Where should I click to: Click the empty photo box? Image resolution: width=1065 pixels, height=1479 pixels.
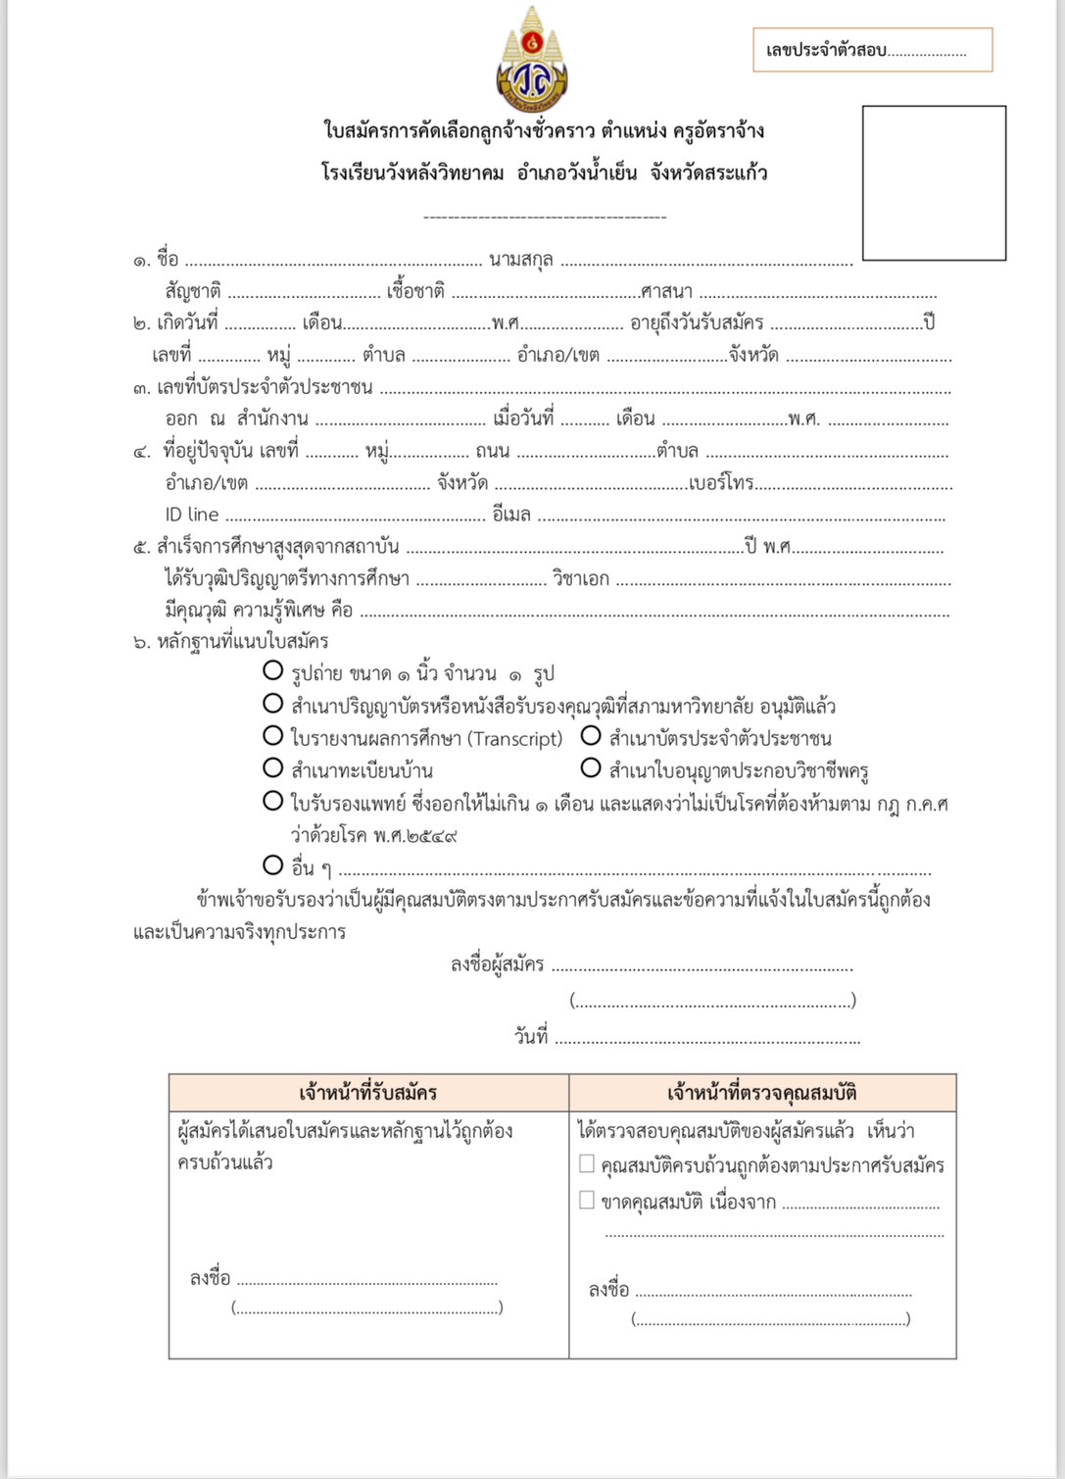[x=934, y=183]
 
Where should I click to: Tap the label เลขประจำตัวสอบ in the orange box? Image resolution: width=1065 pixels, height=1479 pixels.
[x=826, y=50]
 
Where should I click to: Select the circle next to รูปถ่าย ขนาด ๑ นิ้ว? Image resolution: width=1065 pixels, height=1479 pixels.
[x=273, y=671]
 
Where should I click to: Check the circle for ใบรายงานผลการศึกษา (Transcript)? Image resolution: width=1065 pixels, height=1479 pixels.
[x=273, y=736]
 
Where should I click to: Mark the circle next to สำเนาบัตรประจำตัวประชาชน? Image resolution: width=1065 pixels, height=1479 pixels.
[x=591, y=736]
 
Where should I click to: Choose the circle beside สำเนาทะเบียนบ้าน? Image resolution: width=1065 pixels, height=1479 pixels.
[x=273, y=768]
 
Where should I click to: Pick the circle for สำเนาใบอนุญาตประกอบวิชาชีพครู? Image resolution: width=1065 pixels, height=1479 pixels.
[x=591, y=768]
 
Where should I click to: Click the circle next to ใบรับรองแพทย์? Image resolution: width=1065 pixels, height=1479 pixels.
[x=273, y=801]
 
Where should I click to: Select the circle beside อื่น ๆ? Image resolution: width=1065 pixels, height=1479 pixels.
[x=273, y=865]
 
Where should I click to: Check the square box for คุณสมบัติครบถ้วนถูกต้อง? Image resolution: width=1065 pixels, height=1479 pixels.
[x=587, y=1164]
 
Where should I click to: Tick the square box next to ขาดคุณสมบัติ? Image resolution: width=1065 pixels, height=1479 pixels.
[x=587, y=1200]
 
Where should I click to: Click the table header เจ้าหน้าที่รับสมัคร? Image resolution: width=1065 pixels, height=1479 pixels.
[x=368, y=1093]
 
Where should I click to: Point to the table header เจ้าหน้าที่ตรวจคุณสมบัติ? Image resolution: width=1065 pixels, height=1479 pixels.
[x=762, y=1093]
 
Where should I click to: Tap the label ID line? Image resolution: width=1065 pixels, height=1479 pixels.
[x=192, y=515]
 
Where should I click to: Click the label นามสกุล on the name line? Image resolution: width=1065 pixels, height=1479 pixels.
[x=521, y=260]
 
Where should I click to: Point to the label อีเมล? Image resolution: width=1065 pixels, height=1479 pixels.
[x=511, y=515]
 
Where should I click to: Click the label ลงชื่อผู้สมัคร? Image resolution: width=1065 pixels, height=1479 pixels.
[x=497, y=964]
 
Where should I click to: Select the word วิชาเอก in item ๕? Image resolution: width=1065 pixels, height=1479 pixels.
[x=581, y=579]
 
